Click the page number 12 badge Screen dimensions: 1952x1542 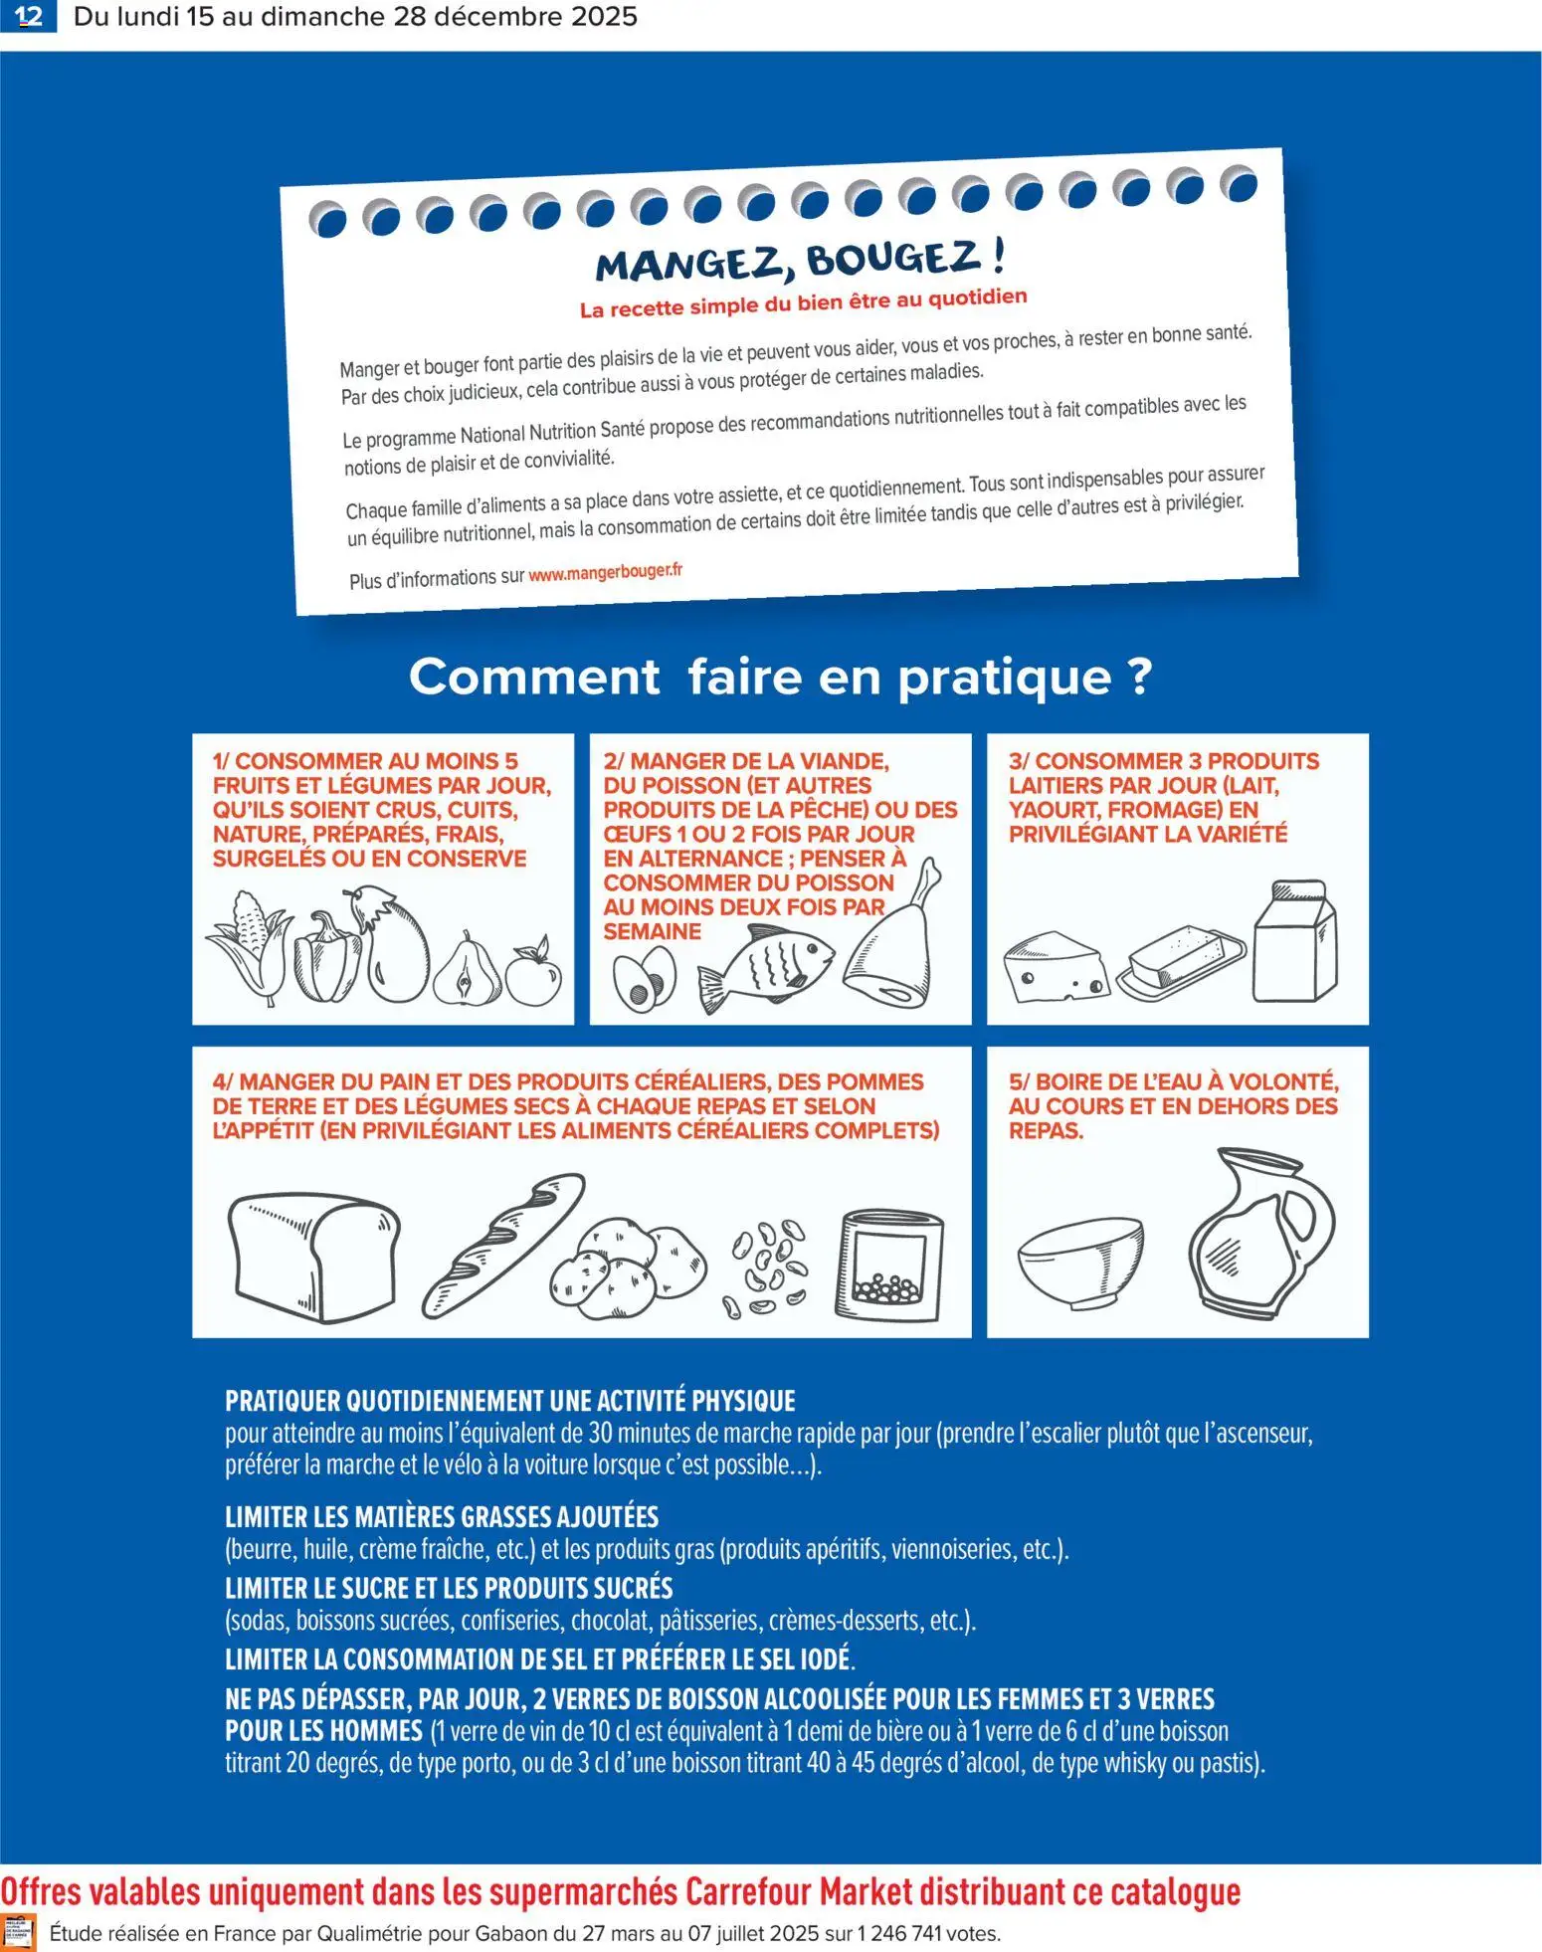[29, 16]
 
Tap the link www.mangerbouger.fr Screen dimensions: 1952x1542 [605, 573]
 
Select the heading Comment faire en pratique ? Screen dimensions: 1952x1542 [780, 678]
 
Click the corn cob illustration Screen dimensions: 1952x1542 [248, 945]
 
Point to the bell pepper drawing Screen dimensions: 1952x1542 [325, 956]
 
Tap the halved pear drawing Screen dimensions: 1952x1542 [467, 971]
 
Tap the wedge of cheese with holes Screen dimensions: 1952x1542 [1055, 966]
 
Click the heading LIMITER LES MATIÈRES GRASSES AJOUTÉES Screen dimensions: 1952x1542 [441, 1517]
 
